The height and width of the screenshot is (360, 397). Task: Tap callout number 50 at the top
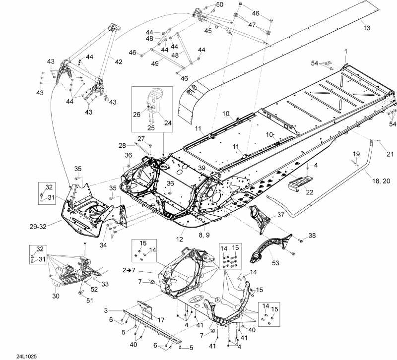(x=220, y=4)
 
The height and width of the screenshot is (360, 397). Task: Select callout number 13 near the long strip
(x=366, y=28)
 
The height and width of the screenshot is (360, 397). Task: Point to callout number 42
(x=118, y=61)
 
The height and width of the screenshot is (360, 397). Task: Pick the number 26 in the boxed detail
(x=137, y=115)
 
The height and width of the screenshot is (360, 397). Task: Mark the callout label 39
(x=202, y=168)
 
